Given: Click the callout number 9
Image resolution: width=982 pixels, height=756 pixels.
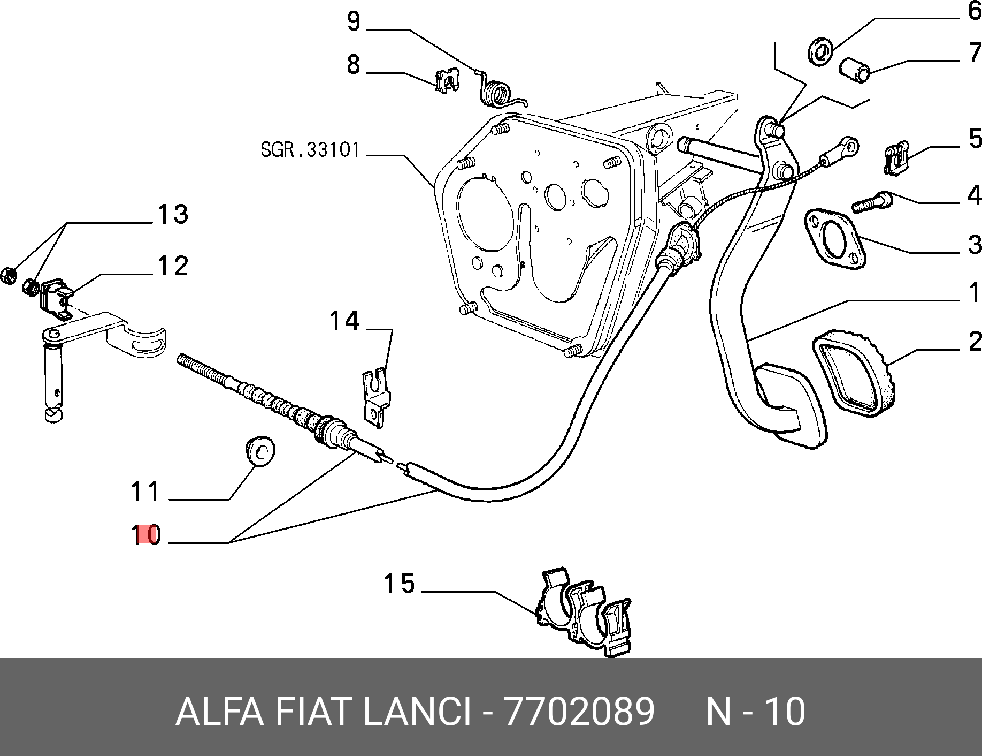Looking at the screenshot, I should pos(354,22).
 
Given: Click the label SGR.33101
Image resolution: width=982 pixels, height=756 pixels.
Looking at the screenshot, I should pos(311,150).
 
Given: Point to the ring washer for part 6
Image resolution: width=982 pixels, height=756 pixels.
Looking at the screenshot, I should pos(819,51).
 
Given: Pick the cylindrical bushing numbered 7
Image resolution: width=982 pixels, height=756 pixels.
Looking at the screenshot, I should pos(855,71).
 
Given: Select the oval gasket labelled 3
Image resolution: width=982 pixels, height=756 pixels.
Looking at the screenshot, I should pos(835,239).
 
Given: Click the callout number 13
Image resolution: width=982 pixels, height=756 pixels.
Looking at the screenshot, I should pos(172,215).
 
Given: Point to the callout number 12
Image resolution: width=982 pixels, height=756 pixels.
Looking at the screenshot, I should pos(172,266).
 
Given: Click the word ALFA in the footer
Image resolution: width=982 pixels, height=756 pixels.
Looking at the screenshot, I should pos(219,712).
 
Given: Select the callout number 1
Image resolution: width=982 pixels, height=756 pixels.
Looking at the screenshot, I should pos(974,293).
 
